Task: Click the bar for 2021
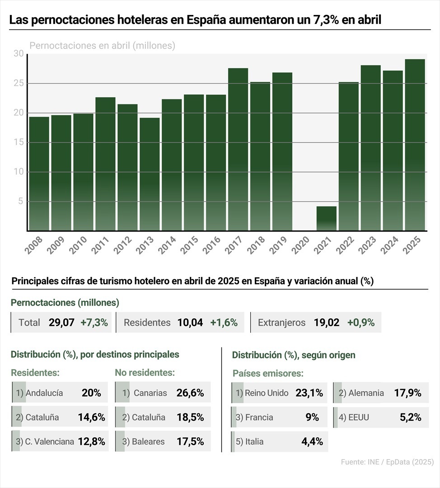click(x=326, y=219)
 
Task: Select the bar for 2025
click(x=415, y=145)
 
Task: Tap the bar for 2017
click(x=238, y=149)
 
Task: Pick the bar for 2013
click(x=150, y=174)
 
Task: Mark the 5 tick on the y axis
click(x=20, y=202)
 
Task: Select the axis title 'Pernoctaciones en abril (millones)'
click(x=102, y=46)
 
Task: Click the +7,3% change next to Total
click(x=94, y=323)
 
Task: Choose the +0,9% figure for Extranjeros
click(x=361, y=323)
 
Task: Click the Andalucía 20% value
click(x=91, y=393)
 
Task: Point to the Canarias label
click(x=150, y=393)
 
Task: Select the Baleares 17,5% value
click(x=190, y=441)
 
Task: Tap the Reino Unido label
click(x=267, y=393)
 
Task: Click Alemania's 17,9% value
click(x=407, y=393)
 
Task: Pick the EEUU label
click(x=359, y=418)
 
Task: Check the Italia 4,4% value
click(x=312, y=441)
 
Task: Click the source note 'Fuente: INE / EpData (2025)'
click(x=387, y=462)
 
